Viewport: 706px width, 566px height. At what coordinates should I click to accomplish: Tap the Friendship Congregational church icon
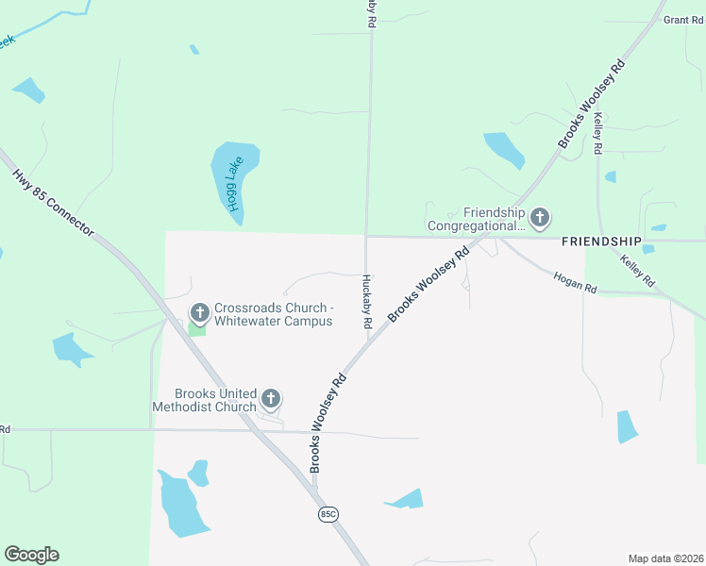click(540, 219)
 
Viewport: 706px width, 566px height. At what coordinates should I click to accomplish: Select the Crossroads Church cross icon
click(199, 312)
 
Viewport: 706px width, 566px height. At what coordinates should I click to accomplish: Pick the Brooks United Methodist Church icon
click(271, 399)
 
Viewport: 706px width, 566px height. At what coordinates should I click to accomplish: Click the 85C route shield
click(328, 514)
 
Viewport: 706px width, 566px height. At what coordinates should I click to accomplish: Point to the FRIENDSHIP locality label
click(601, 242)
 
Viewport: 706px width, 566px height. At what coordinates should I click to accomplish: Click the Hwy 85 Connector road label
click(54, 203)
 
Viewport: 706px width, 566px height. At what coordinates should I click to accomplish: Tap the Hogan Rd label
click(575, 280)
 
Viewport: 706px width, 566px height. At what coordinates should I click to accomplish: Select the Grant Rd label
click(682, 20)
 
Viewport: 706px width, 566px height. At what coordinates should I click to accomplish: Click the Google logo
click(31, 555)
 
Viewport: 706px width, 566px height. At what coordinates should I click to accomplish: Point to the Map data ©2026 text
click(665, 558)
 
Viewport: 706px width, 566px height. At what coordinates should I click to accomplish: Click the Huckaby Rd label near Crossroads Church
click(366, 302)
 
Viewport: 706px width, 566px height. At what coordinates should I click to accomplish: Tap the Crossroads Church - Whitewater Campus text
click(273, 314)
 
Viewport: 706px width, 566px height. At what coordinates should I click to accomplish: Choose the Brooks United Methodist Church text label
click(216, 400)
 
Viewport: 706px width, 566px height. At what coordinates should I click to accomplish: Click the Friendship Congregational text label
click(476, 220)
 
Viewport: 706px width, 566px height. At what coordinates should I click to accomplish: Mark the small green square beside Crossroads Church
click(197, 328)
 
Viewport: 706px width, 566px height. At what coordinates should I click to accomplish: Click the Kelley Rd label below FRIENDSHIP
click(637, 268)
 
